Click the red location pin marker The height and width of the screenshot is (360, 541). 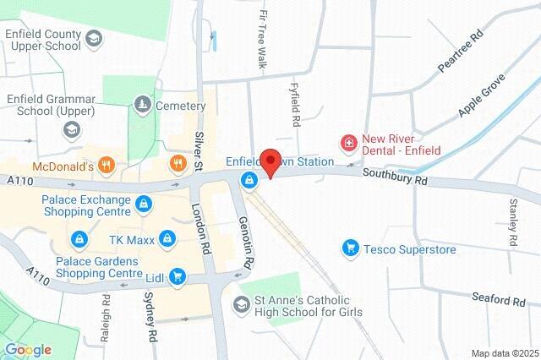tap(270, 161)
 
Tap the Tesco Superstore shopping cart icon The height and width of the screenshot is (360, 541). tap(350, 248)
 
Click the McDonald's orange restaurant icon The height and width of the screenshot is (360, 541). tap(107, 164)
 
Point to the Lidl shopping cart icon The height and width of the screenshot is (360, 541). tap(178, 275)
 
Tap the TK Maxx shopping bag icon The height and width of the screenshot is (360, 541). tap(169, 240)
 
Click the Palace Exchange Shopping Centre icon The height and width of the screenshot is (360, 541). tap(144, 204)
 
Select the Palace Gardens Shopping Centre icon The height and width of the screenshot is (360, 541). tap(79, 240)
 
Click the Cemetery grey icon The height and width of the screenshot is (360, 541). tap(142, 105)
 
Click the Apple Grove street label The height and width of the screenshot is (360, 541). tap(481, 95)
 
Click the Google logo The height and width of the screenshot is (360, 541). tap(28, 350)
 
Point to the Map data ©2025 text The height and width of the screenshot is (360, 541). tap(505, 353)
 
